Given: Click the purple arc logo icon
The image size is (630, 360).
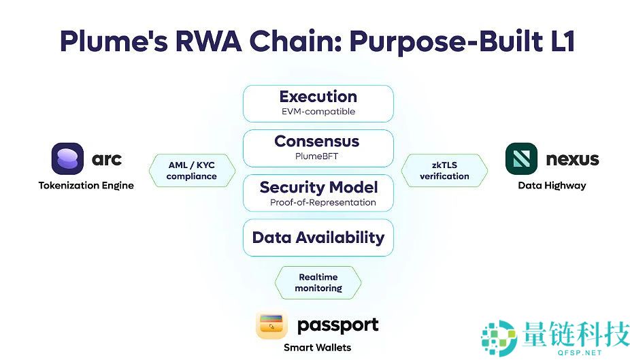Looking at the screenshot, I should (67, 159).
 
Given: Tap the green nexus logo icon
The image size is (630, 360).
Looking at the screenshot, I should (522, 159).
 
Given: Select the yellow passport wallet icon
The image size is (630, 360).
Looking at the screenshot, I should (271, 325).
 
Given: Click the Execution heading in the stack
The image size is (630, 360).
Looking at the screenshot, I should (318, 97).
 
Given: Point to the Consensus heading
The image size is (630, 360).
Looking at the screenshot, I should (317, 142).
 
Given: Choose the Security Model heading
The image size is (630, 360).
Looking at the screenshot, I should (318, 186).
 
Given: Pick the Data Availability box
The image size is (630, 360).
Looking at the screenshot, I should (318, 238).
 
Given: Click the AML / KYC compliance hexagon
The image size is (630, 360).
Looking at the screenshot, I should (192, 170).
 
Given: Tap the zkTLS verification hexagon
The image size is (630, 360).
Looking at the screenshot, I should (444, 170).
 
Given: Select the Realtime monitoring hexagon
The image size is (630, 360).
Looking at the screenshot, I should (318, 282).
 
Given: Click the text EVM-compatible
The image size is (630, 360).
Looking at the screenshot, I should (318, 112).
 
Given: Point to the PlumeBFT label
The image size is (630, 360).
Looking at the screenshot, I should (318, 157).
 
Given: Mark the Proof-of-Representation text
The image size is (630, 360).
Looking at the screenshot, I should (322, 202).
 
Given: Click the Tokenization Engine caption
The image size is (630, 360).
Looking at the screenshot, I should (86, 185).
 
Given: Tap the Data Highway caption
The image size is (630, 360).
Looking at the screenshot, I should (552, 185).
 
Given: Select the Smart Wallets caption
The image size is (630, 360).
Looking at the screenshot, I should (317, 347).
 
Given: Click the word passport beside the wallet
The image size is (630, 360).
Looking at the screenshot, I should (337, 325).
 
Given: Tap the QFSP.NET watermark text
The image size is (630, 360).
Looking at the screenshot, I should (580, 353).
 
